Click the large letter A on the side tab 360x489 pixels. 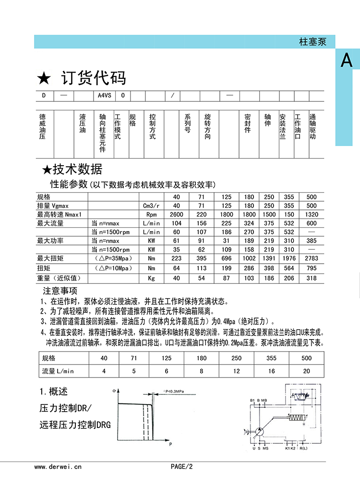tap(347, 61)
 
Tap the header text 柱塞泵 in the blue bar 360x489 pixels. tap(312, 42)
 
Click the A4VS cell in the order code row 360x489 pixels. tap(104, 96)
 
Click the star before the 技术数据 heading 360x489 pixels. tap(47, 170)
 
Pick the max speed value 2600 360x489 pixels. tap(176, 214)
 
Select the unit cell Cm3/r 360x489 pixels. tap(151, 206)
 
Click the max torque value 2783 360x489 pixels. tap(312, 259)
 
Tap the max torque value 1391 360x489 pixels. tap(269, 259)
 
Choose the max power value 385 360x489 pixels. tap(312, 241)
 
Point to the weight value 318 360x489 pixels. tap(312, 278)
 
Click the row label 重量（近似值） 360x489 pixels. tap(59, 278)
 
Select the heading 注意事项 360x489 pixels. tap(60, 291)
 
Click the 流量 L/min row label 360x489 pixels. tap(59, 371)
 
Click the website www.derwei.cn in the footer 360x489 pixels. tap(59, 466)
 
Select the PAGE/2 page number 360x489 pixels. tap(181, 466)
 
